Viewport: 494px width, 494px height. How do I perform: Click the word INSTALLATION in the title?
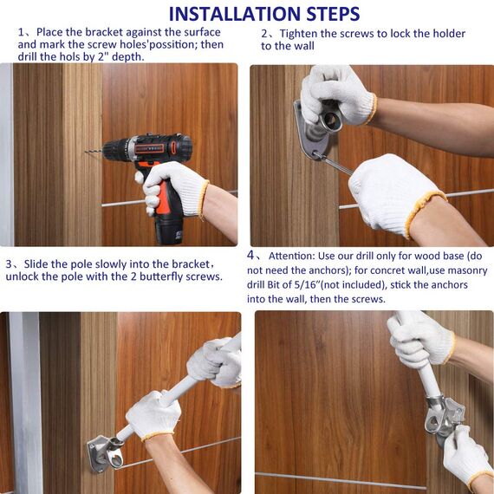point(235,14)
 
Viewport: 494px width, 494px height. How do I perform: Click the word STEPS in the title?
point(334,14)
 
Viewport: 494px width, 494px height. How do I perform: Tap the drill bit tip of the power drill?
point(86,152)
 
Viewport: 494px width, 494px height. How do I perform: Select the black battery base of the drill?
point(168,229)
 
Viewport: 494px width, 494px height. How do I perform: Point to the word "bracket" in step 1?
point(104,32)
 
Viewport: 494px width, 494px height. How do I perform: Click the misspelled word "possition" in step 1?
point(172,45)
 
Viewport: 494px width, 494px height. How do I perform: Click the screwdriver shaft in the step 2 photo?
point(335,164)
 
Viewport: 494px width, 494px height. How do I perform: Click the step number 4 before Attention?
point(250,255)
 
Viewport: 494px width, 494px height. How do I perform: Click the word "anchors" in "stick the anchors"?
point(447,285)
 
